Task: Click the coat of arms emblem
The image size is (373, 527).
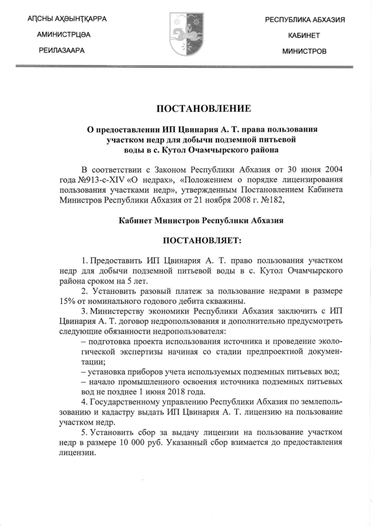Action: coord(185,35)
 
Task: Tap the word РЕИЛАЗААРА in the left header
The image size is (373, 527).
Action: coord(62,51)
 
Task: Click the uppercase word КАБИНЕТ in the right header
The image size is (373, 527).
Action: coord(304,36)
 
